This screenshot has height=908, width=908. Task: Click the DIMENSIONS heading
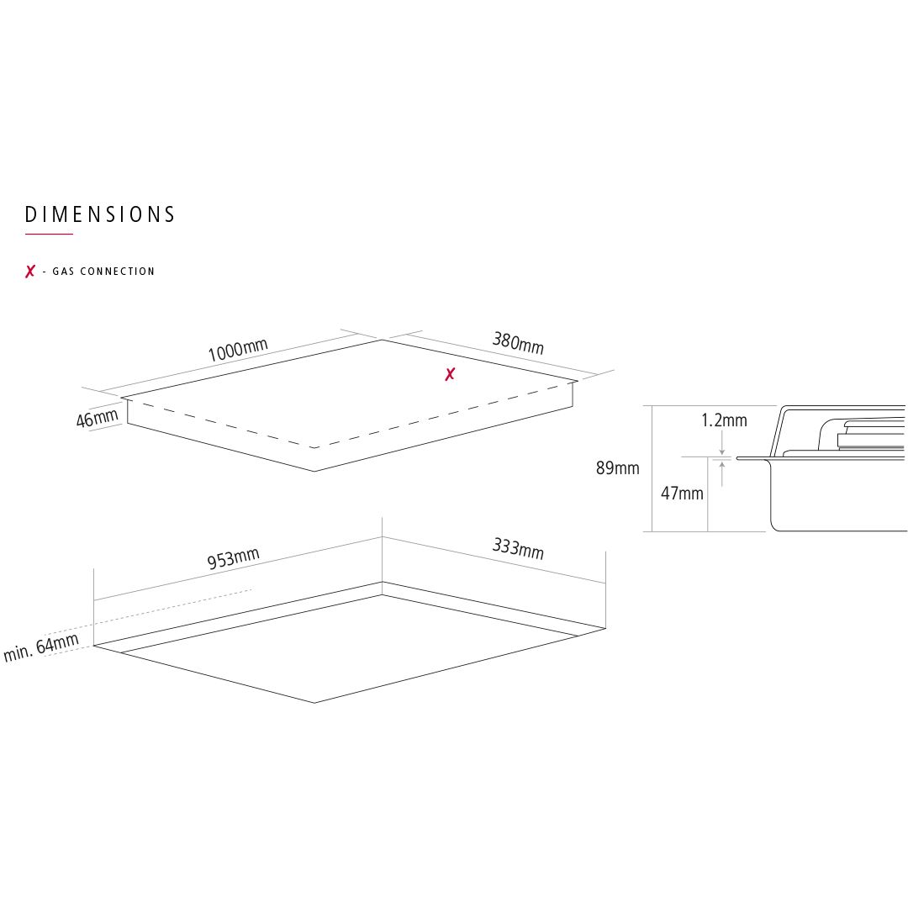(99, 215)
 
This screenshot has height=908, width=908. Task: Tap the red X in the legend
(30, 271)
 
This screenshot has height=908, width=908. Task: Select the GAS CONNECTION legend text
(103, 271)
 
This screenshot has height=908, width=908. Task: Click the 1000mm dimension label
(237, 350)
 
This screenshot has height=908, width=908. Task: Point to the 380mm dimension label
(518, 343)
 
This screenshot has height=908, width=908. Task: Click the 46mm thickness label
(97, 418)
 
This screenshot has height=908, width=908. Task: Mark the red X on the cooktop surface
(450, 375)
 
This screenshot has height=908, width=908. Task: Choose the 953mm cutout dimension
(233, 558)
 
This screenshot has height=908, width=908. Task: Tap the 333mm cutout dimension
(518, 549)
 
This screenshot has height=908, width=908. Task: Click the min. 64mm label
(40, 647)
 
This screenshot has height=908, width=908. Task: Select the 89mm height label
(617, 468)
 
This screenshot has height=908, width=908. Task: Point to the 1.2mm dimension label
(724, 420)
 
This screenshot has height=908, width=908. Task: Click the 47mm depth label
(682, 494)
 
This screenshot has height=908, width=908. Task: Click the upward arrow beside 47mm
(721, 473)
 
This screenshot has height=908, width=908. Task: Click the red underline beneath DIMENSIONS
(49, 234)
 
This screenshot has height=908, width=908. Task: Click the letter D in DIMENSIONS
(31, 215)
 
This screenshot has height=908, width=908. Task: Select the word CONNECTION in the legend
(118, 271)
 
